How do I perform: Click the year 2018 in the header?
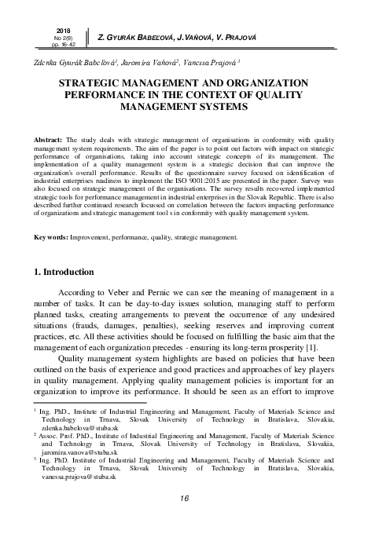(53, 30)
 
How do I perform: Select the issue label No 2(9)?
(53, 38)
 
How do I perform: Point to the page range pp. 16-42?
(53, 46)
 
